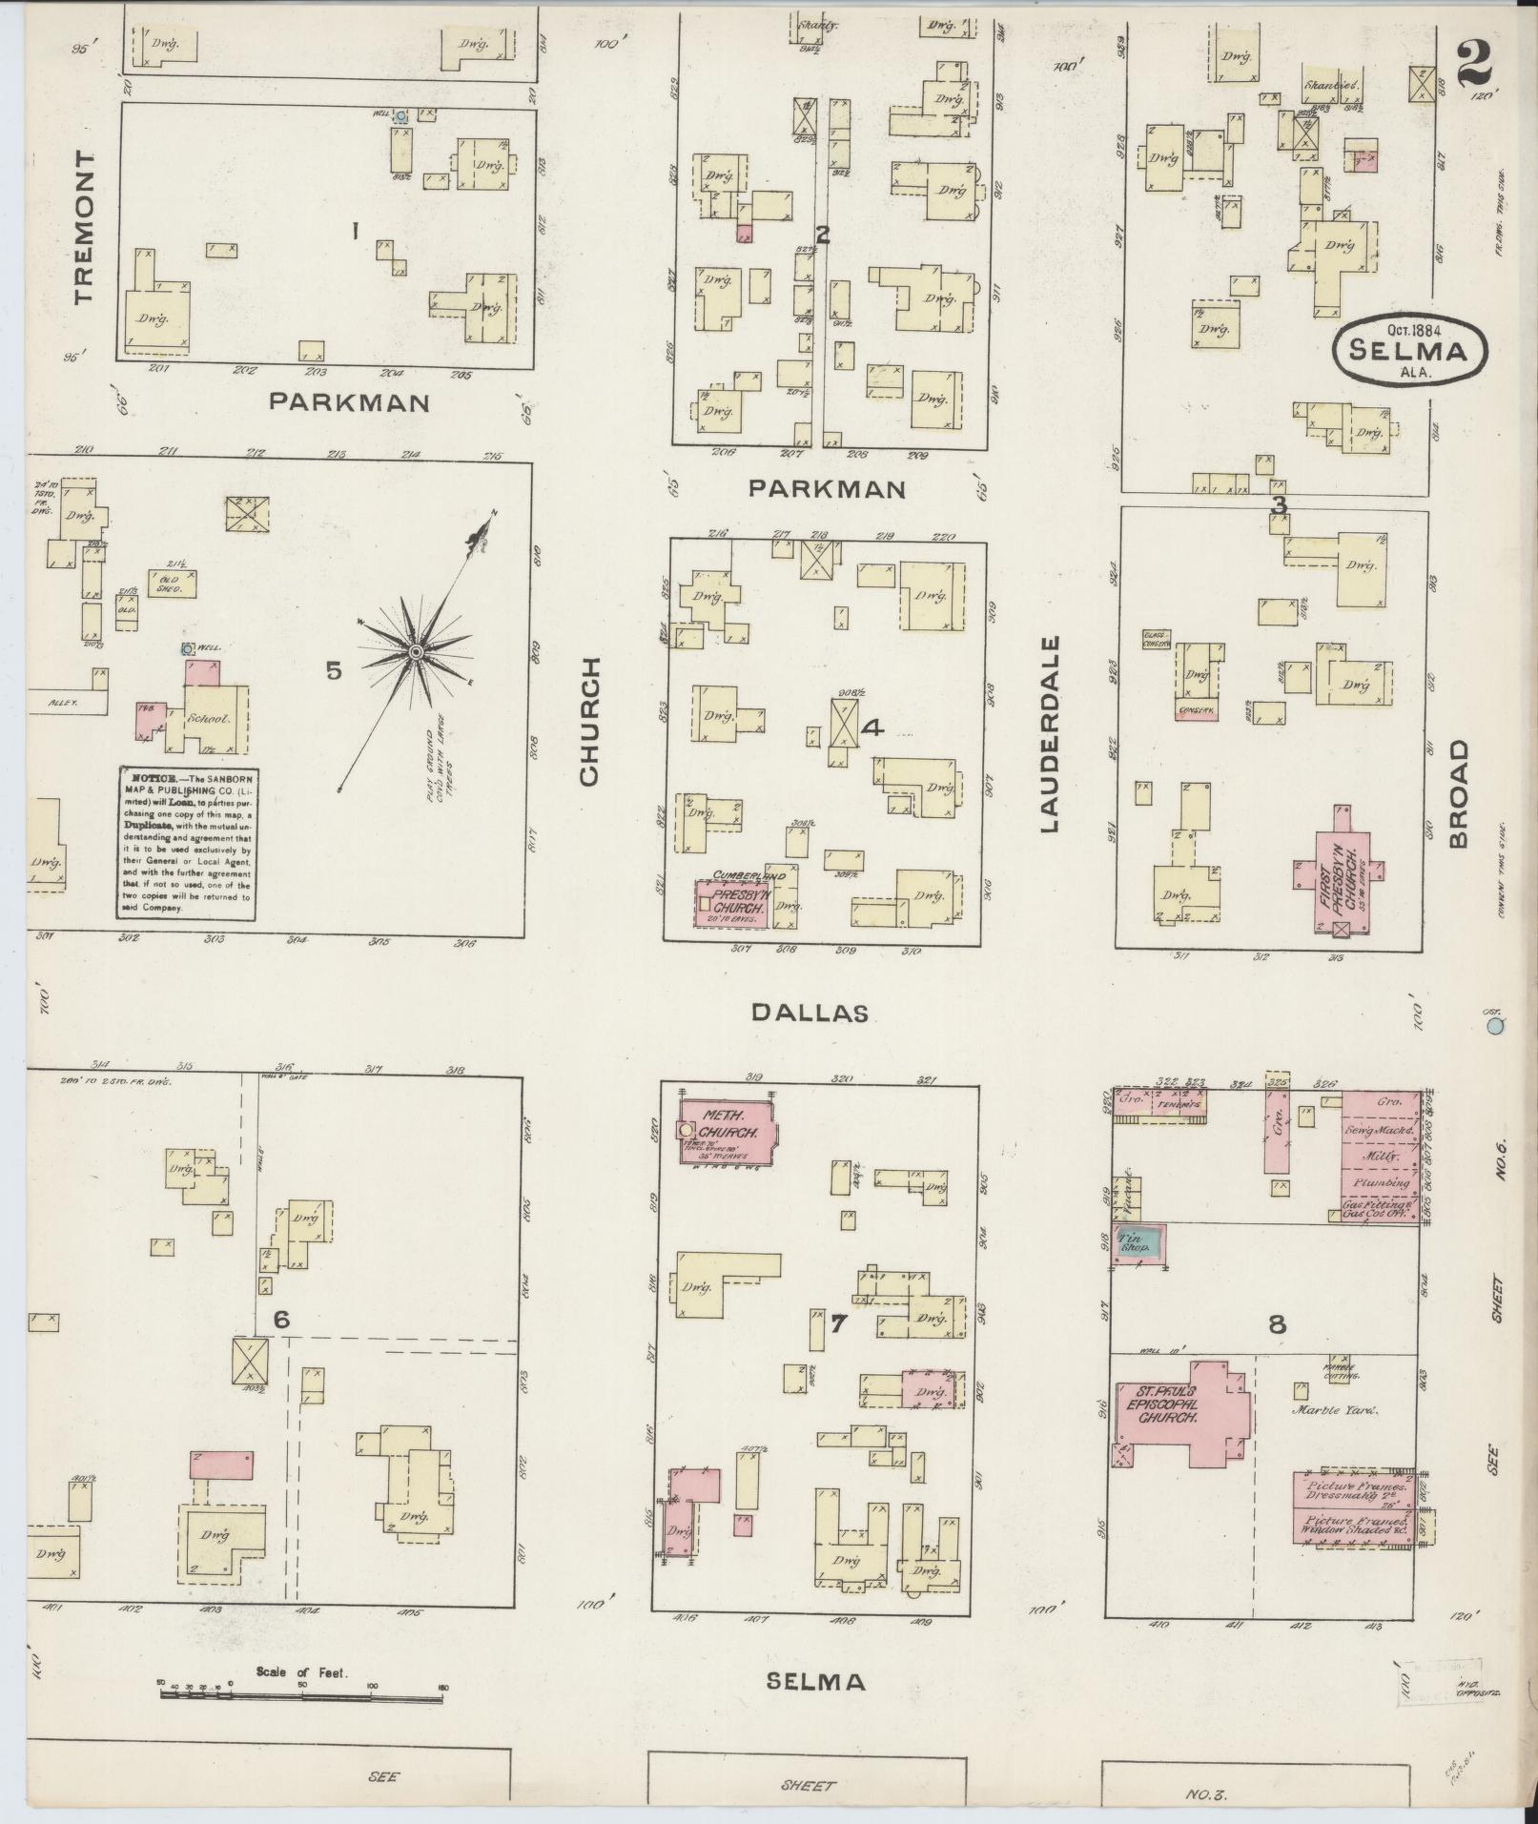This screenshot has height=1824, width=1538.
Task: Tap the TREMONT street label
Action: (85, 227)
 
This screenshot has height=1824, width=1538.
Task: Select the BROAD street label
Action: (1459, 795)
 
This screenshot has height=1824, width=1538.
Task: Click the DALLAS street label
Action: (810, 1013)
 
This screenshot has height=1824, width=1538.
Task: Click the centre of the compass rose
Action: (416, 651)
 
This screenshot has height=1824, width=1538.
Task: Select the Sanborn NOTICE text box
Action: (187, 842)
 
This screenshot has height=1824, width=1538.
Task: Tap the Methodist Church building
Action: (728, 1132)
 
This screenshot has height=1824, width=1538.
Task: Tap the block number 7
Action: (838, 1324)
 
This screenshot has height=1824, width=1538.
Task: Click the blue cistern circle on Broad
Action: (1495, 1027)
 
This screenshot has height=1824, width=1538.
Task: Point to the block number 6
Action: (281, 1320)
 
